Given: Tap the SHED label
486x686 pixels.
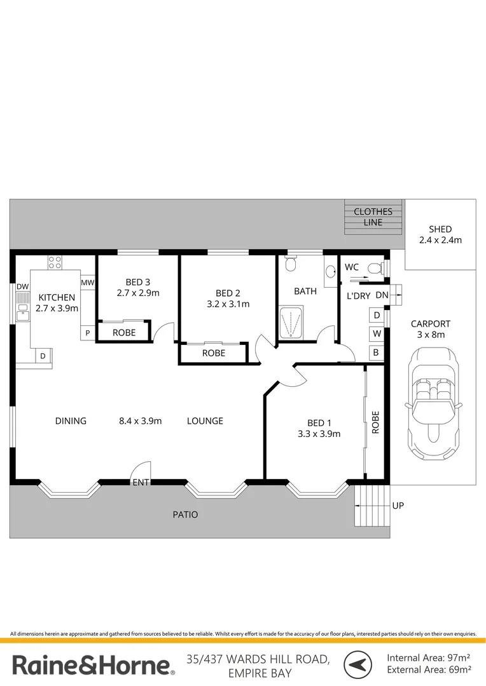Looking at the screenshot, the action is click(x=440, y=229).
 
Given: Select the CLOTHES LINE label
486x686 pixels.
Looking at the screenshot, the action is click(x=373, y=217).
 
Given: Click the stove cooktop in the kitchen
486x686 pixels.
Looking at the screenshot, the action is click(x=55, y=262).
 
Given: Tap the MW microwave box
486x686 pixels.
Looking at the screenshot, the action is click(x=88, y=283).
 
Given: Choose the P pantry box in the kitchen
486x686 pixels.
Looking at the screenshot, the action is click(x=88, y=333).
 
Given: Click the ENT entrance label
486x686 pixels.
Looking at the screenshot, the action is click(x=141, y=483).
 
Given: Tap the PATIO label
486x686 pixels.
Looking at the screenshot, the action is click(x=185, y=514).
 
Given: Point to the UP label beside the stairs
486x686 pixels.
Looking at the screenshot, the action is click(x=398, y=506).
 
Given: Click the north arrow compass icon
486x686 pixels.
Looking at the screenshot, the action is click(x=358, y=664).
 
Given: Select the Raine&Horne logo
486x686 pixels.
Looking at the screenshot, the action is click(x=94, y=666).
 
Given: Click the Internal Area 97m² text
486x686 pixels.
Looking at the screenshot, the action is click(x=428, y=657).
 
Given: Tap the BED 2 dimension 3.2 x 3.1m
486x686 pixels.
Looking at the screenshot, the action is click(x=228, y=304).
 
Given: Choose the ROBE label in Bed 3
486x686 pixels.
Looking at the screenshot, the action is click(x=124, y=333).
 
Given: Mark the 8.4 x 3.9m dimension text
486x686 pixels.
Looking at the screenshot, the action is click(x=140, y=421).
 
